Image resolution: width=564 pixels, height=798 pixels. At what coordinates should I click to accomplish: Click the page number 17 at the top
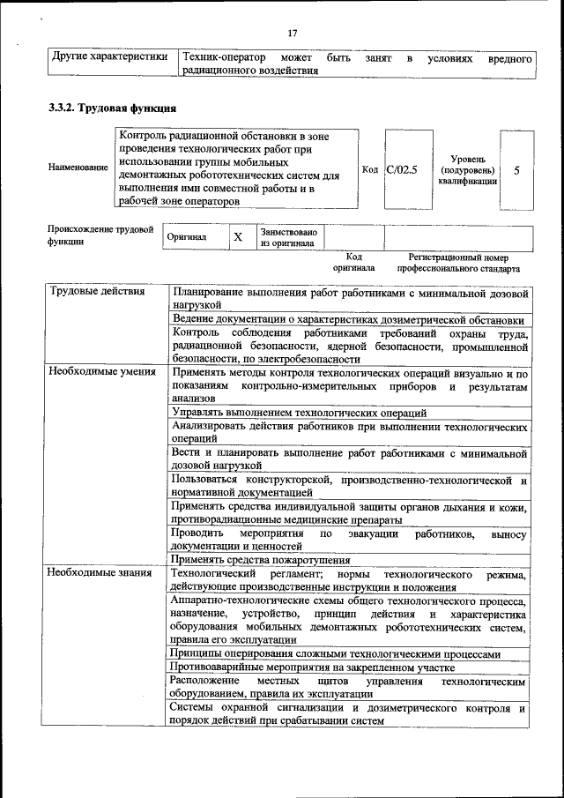[x=293, y=34]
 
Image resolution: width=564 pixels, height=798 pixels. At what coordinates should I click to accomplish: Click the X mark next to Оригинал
[x=237, y=238]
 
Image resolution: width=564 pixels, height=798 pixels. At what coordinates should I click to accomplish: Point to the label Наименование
[x=79, y=168]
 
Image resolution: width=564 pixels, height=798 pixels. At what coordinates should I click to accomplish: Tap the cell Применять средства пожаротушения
[x=262, y=559]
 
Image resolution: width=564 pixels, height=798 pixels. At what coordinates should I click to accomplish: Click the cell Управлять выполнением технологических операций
[x=300, y=412]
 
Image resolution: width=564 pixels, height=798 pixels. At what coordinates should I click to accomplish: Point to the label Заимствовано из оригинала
[x=288, y=238]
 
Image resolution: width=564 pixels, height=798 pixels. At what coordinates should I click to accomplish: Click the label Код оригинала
[x=354, y=262]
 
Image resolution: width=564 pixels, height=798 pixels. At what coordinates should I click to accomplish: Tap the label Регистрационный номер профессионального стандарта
[x=458, y=262]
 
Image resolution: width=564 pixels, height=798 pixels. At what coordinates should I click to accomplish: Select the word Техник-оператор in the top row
[x=224, y=58]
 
